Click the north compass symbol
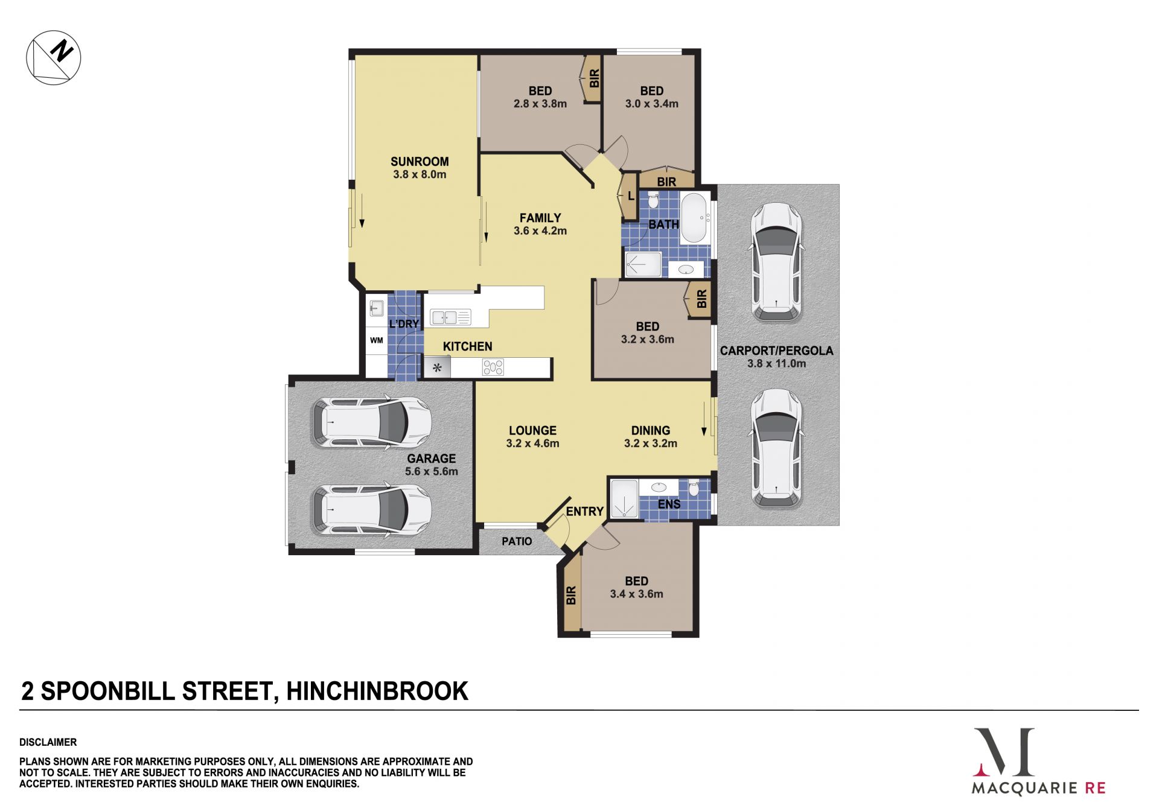[53, 57]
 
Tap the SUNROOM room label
[420, 161]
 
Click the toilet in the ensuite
[694, 487]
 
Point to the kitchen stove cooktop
[493, 367]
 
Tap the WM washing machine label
[377, 340]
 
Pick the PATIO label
[517, 541]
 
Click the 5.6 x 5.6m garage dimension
[431, 471]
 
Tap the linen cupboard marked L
[629, 197]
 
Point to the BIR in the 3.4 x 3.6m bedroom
[570, 595]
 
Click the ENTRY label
[584, 512]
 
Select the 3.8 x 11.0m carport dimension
[776, 363]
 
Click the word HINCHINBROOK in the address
[377, 691]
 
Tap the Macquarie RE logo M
[1004, 752]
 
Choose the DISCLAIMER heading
[48, 742]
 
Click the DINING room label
[650, 430]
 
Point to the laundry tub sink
[377, 308]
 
